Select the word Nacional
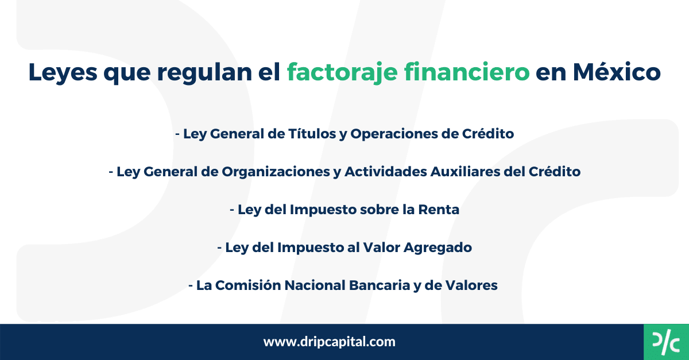[311, 285]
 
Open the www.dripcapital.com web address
[330, 342]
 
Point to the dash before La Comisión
[191, 285]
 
